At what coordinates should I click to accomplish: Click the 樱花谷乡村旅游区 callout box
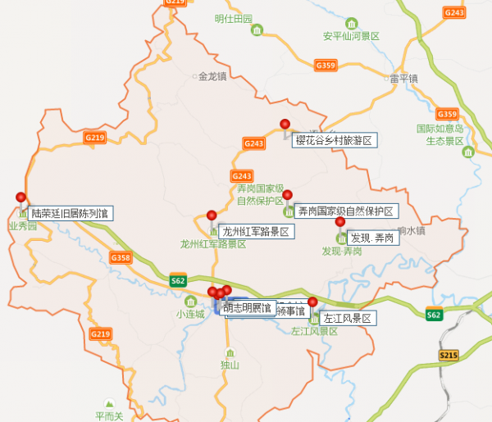334,141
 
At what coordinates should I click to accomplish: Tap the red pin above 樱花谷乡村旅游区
285,125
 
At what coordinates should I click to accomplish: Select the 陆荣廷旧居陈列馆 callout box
70,213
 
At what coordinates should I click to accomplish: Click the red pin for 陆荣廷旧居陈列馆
21,197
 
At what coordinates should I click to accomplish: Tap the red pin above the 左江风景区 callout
312,302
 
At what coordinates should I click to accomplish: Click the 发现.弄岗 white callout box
373,238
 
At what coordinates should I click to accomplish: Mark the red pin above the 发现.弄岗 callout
340,221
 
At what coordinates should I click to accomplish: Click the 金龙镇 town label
212,77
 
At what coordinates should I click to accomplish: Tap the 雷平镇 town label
403,79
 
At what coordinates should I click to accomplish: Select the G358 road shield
120,258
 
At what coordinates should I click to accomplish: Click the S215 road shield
447,356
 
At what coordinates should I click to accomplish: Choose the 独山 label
230,365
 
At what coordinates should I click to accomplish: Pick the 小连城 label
189,314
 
